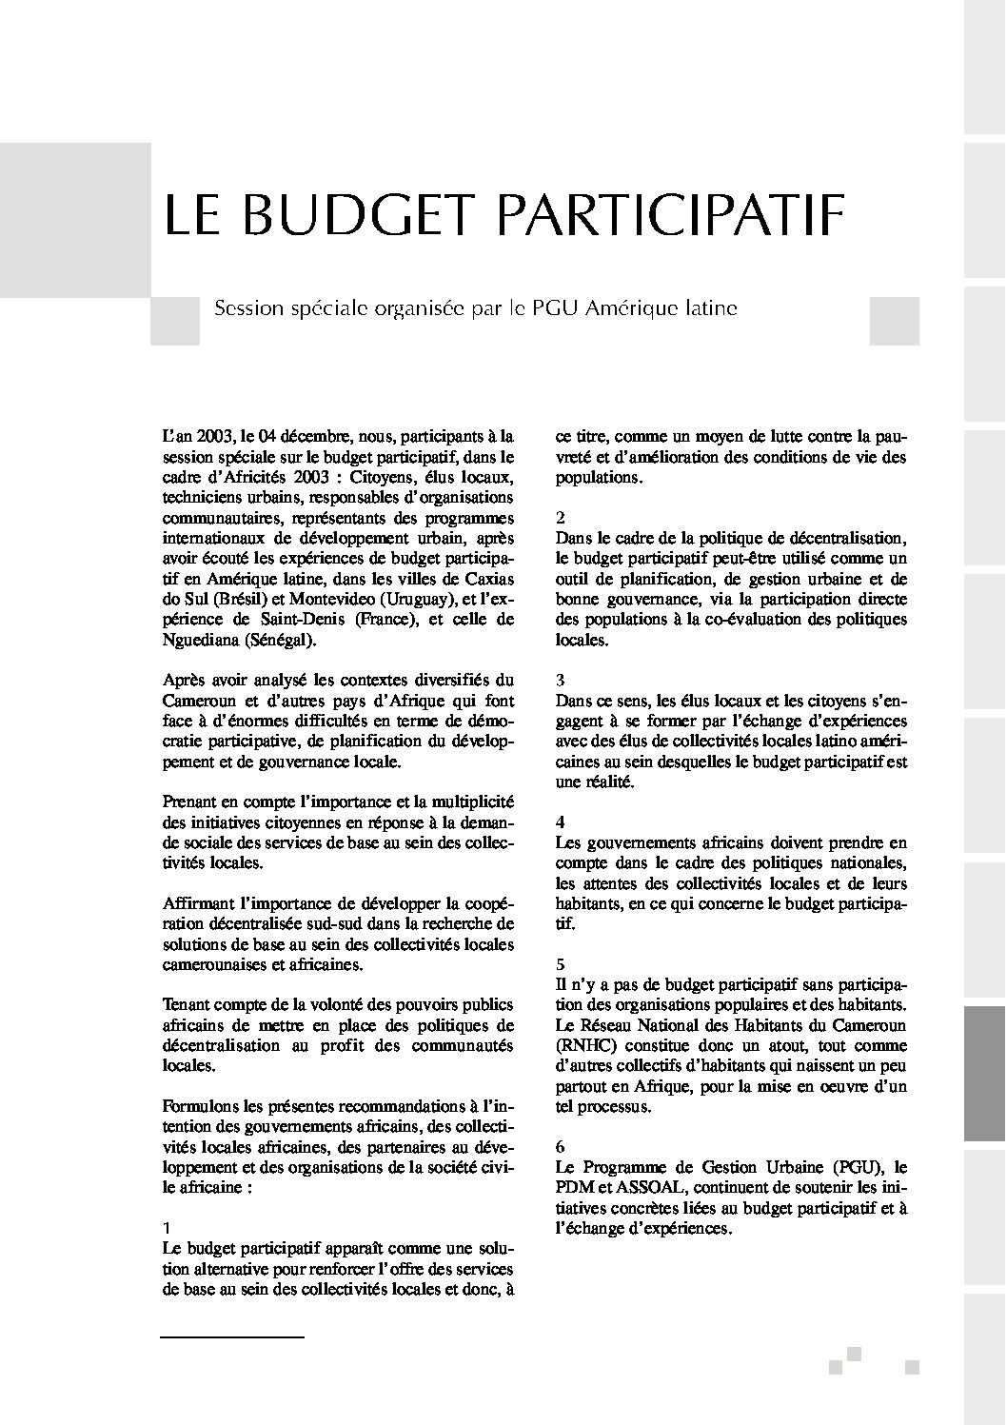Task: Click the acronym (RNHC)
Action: [x=587, y=1046]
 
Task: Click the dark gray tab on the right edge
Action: [x=985, y=1075]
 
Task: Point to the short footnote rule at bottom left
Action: [x=231, y=1337]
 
